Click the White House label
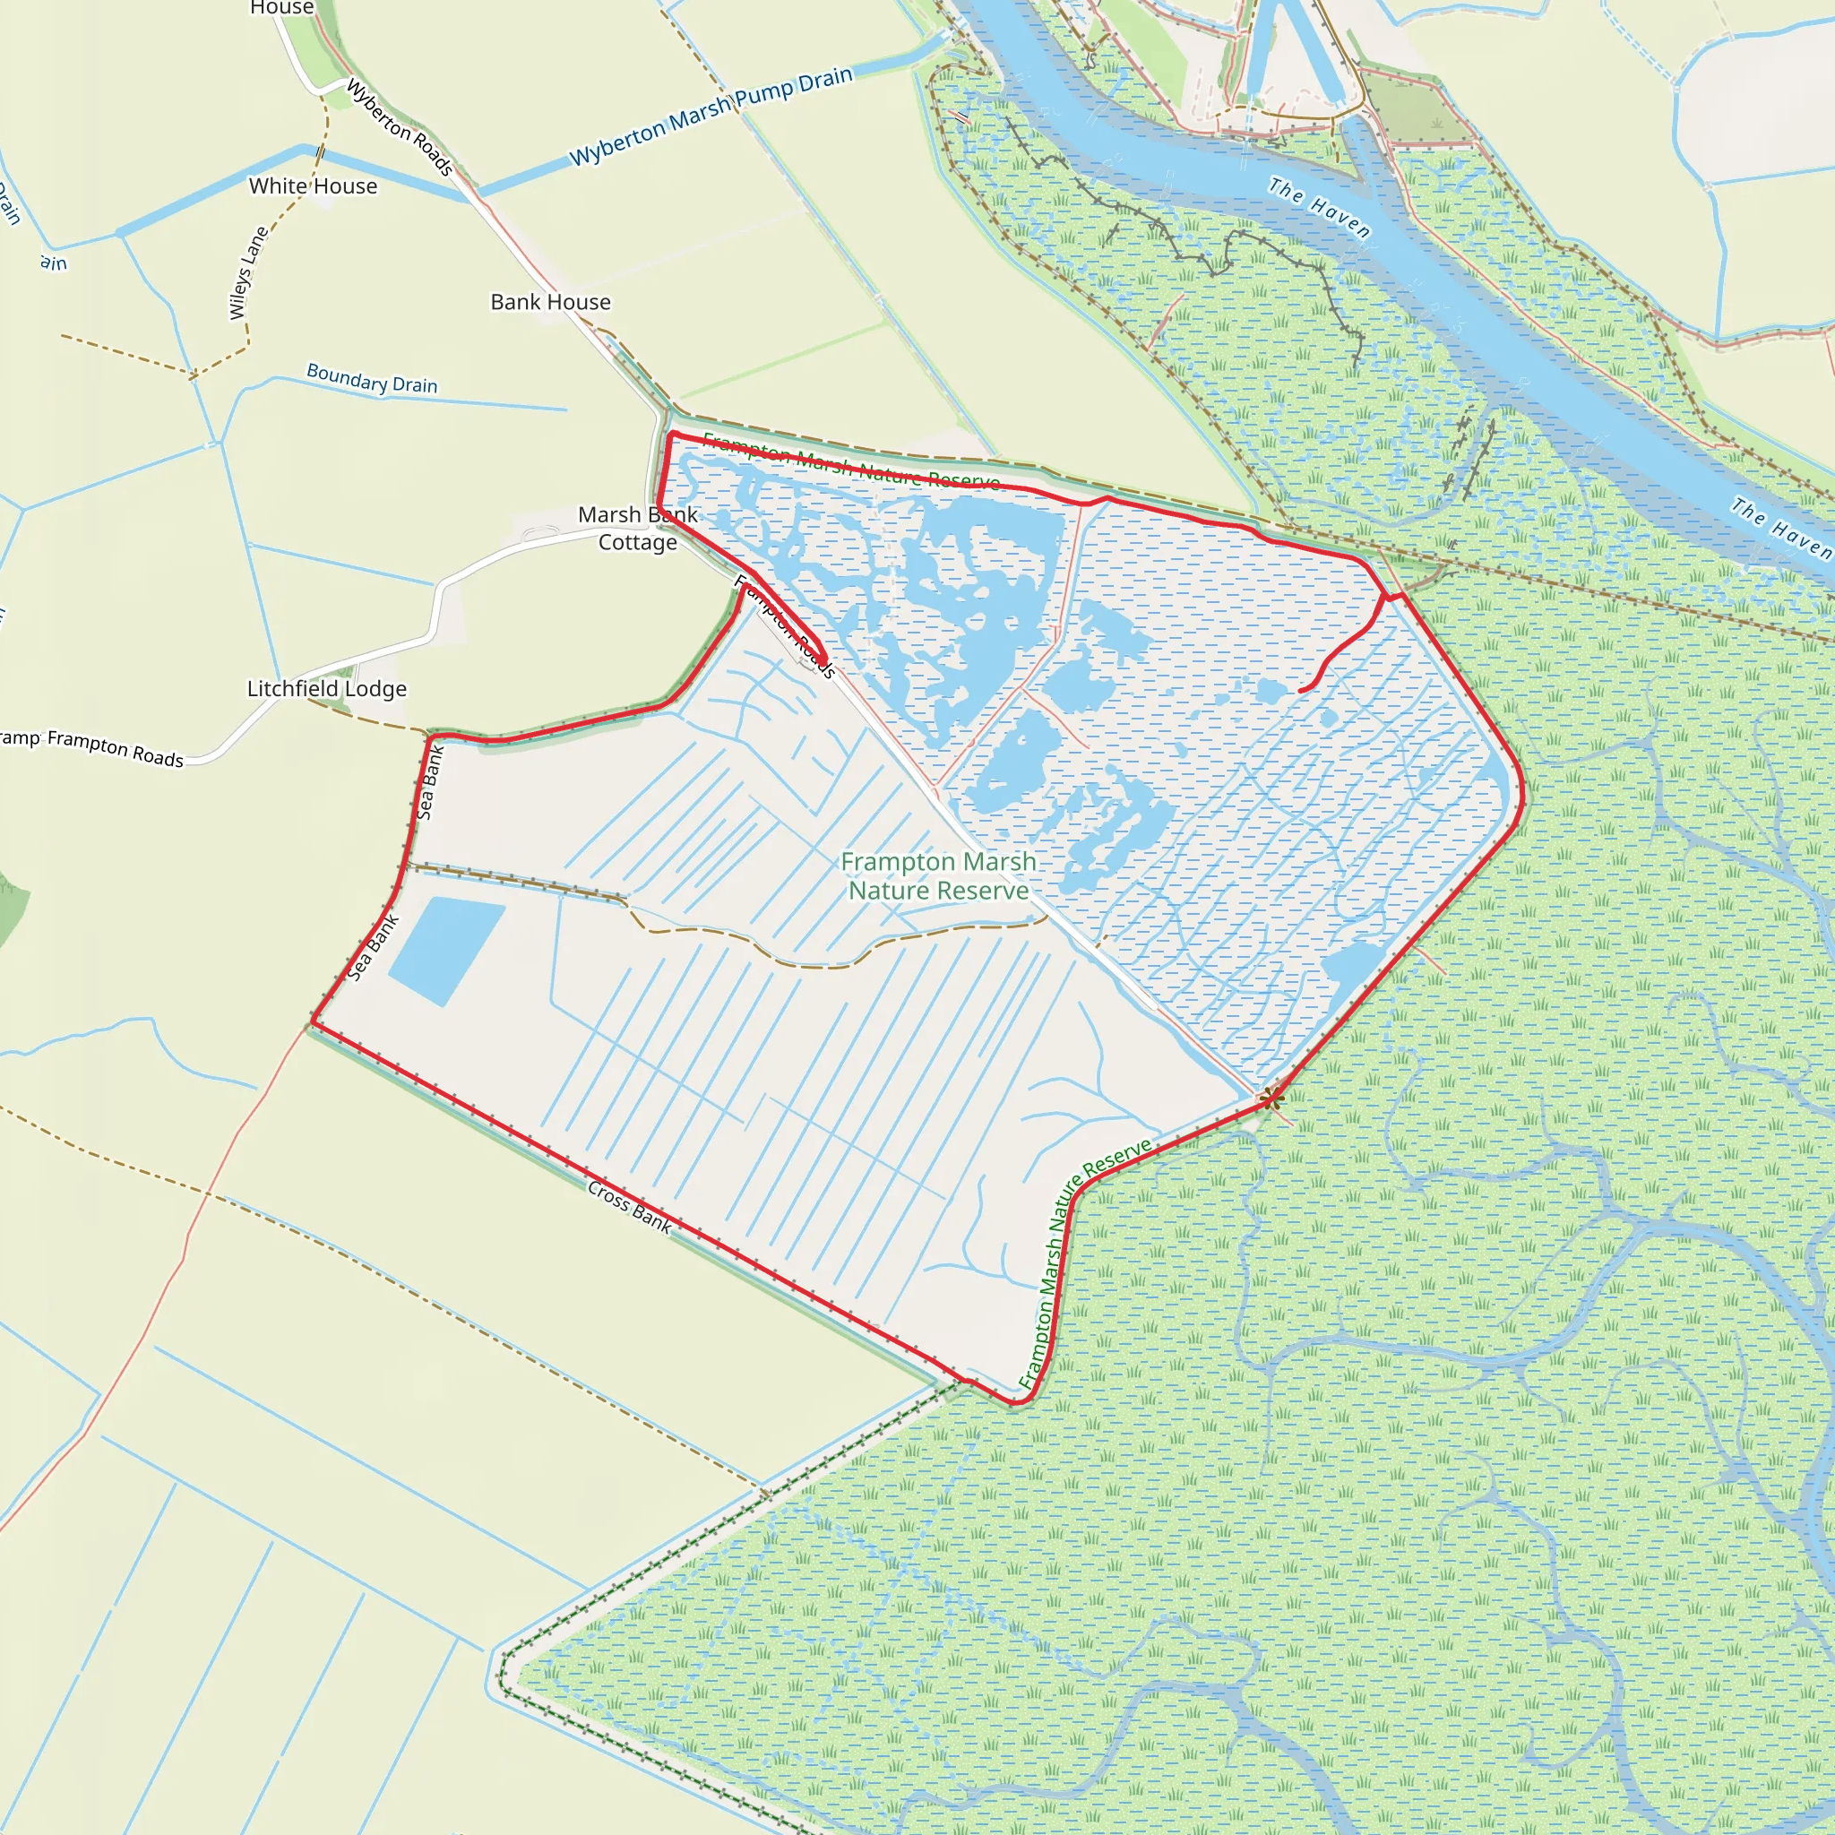(x=313, y=186)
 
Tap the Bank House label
(x=550, y=302)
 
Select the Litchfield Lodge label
(x=327, y=689)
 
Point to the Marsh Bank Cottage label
(x=637, y=528)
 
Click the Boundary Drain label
(x=371, y=379)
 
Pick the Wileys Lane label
(x=248, y=272)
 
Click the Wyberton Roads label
(x=400, y=127)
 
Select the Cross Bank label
(x=629, y=1207)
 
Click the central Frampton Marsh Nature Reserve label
(x=938, y=875)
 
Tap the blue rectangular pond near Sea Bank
(x=445, y=950)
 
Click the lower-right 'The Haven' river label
(x=1780, y=528)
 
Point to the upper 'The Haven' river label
(x=1319, y=208)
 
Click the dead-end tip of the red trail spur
(x=1300, y=691)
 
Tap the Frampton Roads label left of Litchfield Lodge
(x=115, y=747)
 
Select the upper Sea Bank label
(x=430, y=782)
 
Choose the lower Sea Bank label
(x=374, y=947)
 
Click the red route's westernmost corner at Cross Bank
(x=313, y=1024)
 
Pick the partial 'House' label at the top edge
(x=281, y=7)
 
